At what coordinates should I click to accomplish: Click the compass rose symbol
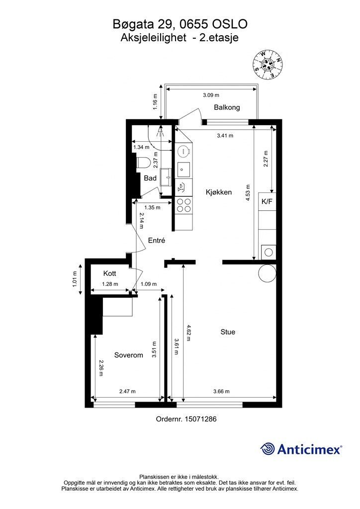pos(268,64)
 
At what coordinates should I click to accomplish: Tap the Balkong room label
pos(227,107)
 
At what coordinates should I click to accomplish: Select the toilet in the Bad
pos(143,163)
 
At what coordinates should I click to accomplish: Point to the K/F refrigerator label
pos(267,201)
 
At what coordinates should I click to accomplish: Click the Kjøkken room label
pos(219,192)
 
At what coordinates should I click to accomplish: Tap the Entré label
pos(157,240)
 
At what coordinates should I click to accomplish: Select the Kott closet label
pos(109,273)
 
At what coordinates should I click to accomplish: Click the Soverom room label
pos(129,355)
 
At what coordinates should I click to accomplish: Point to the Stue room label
pos(228,332)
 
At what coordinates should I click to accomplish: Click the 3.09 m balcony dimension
pos(211,95)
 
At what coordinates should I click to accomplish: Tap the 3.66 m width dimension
pos(221,391)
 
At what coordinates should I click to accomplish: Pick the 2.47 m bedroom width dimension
pos(127,391)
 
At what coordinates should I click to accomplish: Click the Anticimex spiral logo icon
pos(267,449)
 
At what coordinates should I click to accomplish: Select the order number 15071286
pos(200,419)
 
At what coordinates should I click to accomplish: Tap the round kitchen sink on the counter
pos(183,151)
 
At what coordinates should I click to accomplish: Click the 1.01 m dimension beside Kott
pos(75,279)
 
